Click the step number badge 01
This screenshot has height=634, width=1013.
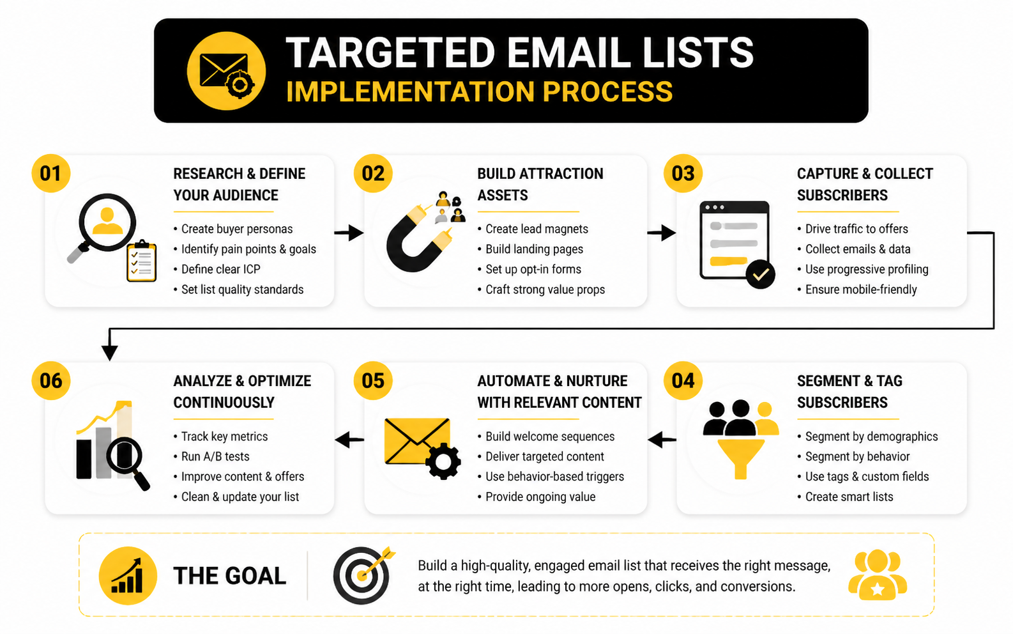pyautogui.click(x=50, y=173)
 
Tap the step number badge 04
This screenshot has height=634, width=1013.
pyautogui.click(x=682, y=380)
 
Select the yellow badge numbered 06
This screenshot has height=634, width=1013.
pyautogui.click(x=50, y=380)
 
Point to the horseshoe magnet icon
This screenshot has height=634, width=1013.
pyautogui.click(x=418, y=239)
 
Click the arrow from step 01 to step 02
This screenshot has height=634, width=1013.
pyautogui.click(x=349, y=233)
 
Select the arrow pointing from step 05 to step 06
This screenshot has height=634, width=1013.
pyautogui.click(x=349, y=440)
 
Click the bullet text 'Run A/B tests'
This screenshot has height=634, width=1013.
pyautogui.click(x=215, y=456)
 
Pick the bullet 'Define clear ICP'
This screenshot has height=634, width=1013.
pyautogui.click(x=221, y=269)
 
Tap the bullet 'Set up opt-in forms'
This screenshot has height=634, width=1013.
pyautogui.click(x=533, y=269)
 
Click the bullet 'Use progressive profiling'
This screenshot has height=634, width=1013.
pyautogui.click(x=867, y=269)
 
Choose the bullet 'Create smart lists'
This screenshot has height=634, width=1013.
pyautogui.click(x=849, y=497)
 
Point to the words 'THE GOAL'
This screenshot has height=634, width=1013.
pyautogui.click(x=230, y=576)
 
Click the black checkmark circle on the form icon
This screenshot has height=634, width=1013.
pyautogui.click(x=761, y=274)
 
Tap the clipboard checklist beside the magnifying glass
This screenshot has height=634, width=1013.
pyautogui.click(x=142, y=261)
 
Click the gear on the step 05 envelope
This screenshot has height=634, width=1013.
pyautogui.click(x=443, y=461)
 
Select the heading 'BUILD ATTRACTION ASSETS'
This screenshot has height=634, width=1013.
pyautogui.click(x=540, y=184)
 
